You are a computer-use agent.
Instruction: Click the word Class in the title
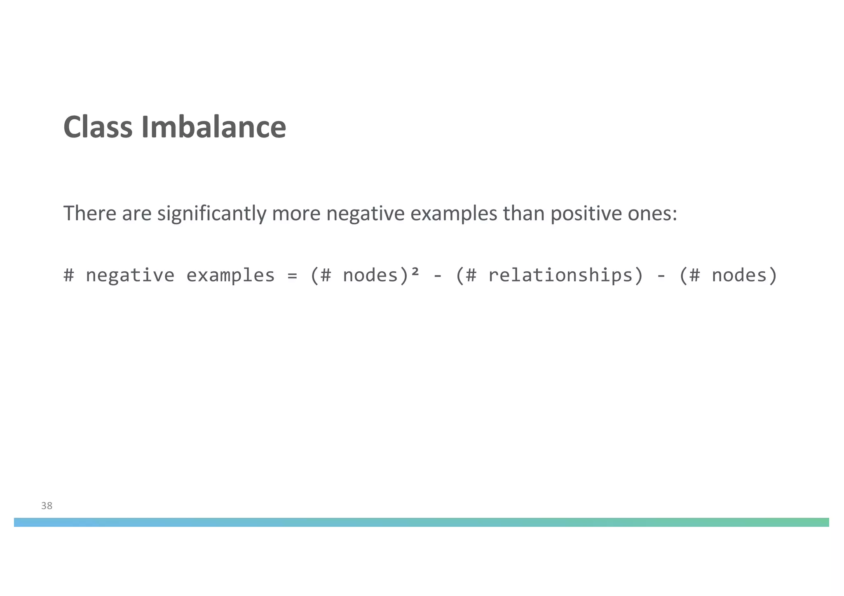(98, 127)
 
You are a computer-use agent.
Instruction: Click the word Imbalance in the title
(213, 127)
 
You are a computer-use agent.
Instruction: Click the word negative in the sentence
(365, 214)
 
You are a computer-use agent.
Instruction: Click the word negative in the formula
(130, 275)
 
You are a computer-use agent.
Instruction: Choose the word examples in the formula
(230, 275)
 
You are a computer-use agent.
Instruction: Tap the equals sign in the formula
(292, 275)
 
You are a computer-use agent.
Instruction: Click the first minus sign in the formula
(437, 275)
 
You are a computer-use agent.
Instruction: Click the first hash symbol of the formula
(69, 275)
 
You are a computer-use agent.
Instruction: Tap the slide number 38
(47, 506)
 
